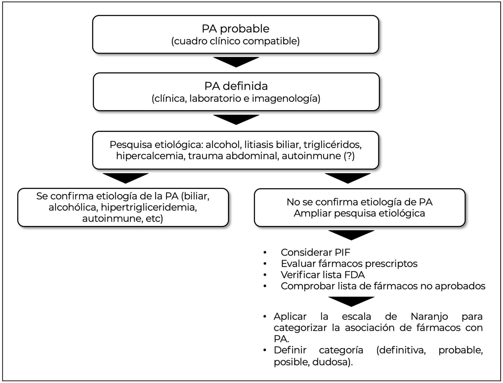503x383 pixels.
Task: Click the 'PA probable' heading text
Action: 235,29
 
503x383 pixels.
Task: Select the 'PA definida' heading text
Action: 236,86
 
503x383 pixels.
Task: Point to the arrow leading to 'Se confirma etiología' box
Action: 125,178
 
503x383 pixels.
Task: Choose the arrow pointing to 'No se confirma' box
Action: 348,178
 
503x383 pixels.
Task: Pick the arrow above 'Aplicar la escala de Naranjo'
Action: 351,301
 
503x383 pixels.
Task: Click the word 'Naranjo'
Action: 429,317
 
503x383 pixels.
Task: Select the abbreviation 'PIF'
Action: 342,253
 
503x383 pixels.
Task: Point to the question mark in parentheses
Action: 349,156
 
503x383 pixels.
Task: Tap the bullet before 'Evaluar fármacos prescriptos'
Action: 265,264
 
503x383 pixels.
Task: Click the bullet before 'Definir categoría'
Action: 265,350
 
